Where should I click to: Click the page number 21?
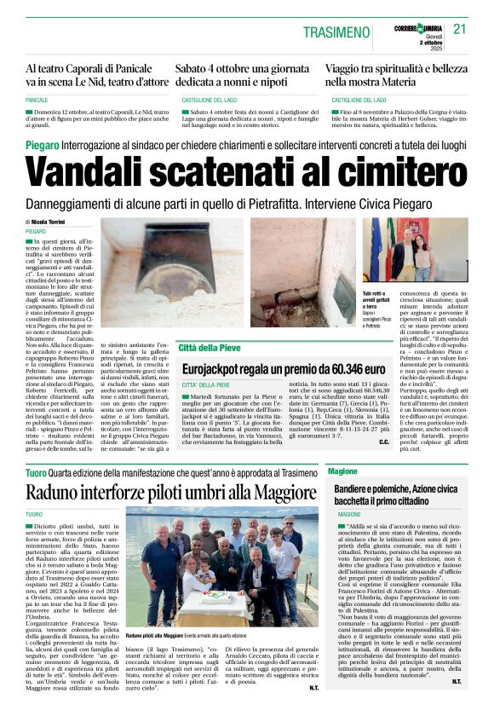pyautogui.click(x=460, y=29)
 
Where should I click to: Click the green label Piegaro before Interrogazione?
pyautogui.click(x=42, y=147)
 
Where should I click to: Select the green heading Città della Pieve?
pyautogui.click(x=209, y=348)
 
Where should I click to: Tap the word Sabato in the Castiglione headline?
pyautogui.click(x=194, y=67)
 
